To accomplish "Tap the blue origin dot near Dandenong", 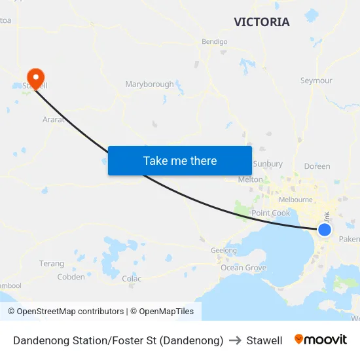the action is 324,230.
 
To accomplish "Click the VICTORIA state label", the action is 262,22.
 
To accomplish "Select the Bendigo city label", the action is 214,42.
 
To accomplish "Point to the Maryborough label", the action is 149,84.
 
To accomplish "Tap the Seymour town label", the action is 316,81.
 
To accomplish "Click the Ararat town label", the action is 53,120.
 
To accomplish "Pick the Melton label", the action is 251,179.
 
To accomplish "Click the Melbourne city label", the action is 296,200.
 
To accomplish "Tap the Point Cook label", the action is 270,213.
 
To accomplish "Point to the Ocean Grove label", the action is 243,268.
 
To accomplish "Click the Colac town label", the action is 132,279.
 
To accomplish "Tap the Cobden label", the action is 71,277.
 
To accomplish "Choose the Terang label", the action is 52,264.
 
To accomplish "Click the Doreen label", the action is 317,167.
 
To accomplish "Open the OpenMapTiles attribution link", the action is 162,312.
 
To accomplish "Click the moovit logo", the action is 321,340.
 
